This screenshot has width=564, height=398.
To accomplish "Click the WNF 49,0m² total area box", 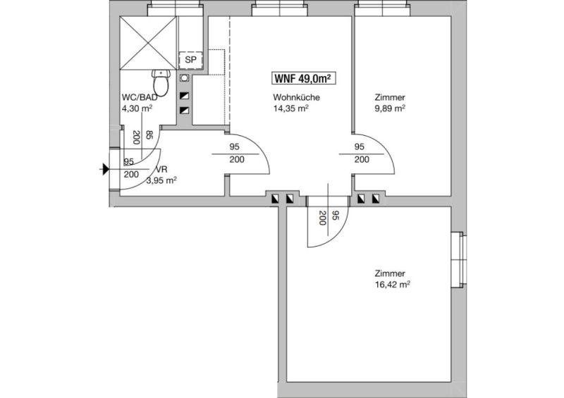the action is click(304, 78).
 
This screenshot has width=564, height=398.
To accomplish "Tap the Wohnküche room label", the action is click(296, 97).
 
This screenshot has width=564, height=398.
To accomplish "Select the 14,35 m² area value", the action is click(291, 108).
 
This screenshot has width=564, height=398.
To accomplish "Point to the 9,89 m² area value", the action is click(390, 108).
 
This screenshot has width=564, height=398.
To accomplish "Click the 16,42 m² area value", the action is click(393, 285).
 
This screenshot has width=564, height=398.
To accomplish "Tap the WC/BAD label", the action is click(140, 97).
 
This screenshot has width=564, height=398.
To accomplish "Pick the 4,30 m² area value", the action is click(137, 108).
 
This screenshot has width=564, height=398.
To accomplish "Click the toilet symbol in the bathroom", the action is click(161, 83).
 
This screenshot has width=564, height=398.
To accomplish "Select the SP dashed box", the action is click(191, 60).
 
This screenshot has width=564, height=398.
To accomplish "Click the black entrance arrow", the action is click(106, 169).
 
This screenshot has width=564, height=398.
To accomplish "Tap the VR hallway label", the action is click(161, 170).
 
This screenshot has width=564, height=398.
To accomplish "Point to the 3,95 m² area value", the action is click(161, 180).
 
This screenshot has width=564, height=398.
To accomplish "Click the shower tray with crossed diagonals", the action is click(148, 43).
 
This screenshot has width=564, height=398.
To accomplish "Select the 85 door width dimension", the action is click(149, 135).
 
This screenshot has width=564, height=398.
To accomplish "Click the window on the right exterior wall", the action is click(459, 260).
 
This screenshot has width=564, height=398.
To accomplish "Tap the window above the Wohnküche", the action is click(279, 8).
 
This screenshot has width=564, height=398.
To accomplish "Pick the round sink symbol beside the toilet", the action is click(185, 78).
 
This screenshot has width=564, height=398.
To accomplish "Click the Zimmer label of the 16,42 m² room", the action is click(390, 273).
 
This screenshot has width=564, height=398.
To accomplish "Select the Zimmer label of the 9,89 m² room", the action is click(390, 97).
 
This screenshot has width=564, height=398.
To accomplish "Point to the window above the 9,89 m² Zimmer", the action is click(382, 8).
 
